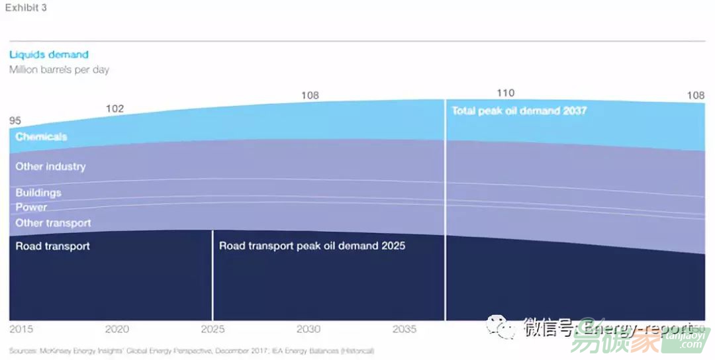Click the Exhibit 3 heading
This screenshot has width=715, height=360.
coord(26,8)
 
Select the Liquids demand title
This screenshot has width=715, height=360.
coord(48,55)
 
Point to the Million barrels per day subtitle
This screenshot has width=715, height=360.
coord(59,69)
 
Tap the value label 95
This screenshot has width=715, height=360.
coord(15,120)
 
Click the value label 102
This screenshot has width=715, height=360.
coord(115,109)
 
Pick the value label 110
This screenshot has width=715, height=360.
coord(505,93)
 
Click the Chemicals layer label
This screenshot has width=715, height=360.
coord(41,137)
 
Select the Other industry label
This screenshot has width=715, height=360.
coord(50,167)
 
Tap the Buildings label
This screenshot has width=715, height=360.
coord(38,193)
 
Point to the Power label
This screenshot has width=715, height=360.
coord(31,207)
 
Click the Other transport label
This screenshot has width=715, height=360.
coord(53,223)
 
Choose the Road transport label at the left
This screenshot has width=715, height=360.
coord(52,246)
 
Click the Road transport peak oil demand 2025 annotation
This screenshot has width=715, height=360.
coord(312,246)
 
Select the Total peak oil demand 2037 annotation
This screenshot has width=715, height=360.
coord(519,111)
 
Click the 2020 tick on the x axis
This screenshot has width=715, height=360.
coord(117,329)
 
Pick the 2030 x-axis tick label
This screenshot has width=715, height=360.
coord(309,329)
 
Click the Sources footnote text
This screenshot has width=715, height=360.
coord(192,350)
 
